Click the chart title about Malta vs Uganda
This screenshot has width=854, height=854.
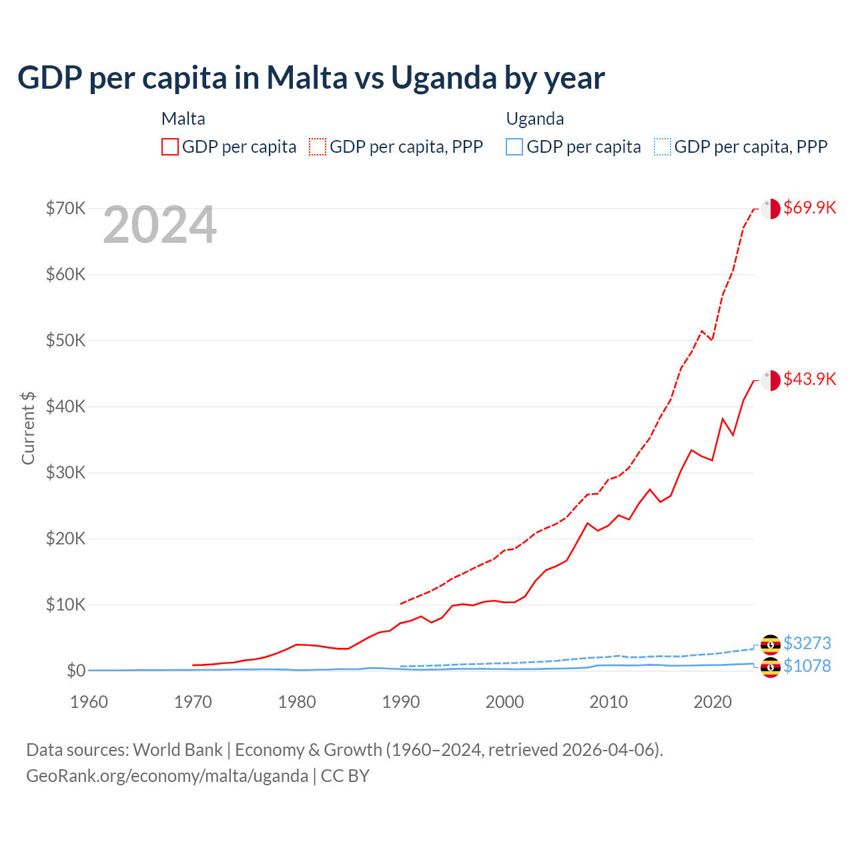point(311,78)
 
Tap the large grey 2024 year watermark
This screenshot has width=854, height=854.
point(159,226)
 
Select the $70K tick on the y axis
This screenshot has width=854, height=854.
point(65,208)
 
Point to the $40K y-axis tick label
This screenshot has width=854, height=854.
point(65,406)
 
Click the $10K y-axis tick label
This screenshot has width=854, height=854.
point(65,604)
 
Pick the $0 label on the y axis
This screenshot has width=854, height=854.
point(76,671)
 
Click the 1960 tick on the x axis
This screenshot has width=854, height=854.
point(89,702)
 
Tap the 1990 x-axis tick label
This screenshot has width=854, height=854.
point(401,702)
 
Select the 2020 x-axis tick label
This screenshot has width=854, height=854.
point(713,702)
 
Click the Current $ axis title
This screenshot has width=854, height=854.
point(28,428)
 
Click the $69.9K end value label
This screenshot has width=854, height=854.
point(809,207)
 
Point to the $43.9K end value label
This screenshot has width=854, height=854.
point(809,379)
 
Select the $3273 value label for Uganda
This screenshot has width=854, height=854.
point(807,643)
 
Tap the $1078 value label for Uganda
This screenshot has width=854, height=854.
point(807,666)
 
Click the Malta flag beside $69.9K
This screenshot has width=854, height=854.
point(771,208)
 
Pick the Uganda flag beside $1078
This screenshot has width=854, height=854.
point(771,667)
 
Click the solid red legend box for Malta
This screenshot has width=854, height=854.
point(170,147)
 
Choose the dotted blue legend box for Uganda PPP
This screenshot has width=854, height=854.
point(663,147)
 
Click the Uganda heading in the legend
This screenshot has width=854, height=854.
point(535,119)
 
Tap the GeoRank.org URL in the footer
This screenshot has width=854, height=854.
point(167,776)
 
